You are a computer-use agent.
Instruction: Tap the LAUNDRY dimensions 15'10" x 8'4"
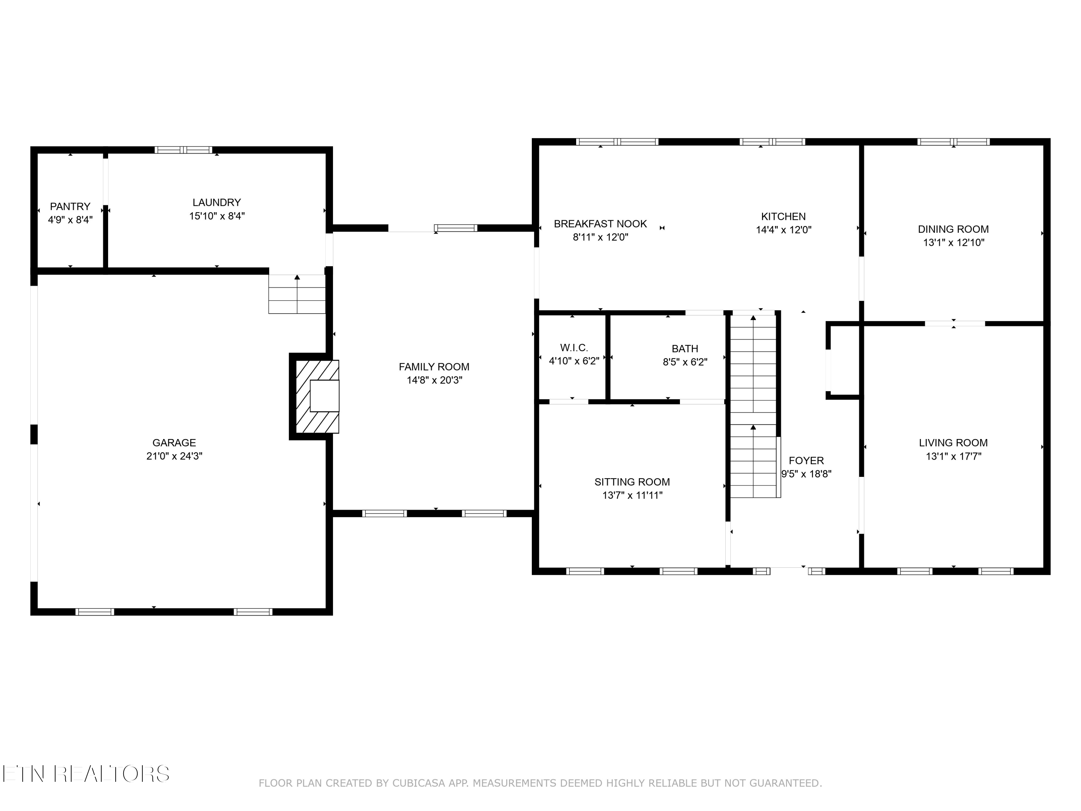tap(217, 216)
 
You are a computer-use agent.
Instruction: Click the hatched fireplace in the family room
tap(317, 396)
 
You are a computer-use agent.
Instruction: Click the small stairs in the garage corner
tap(297, 294)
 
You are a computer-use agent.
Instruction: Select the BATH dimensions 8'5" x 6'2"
tap(685, 362)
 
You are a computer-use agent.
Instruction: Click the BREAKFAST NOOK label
tap(600, 224)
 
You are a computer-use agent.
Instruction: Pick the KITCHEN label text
tap(783, 217)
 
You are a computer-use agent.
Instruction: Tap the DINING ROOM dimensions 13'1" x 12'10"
tap(953, 243)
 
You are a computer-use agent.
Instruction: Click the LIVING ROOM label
tap(953, 443)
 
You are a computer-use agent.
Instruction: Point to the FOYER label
tap(806, 461)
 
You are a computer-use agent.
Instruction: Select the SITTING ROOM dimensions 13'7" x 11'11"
tap(632, 495)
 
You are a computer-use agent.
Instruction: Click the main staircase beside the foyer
tap(753, 406)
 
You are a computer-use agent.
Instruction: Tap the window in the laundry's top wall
tap(183, 150)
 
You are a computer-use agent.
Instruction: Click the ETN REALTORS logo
tap(85, 774)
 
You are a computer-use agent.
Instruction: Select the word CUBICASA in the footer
tap(418, 783)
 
